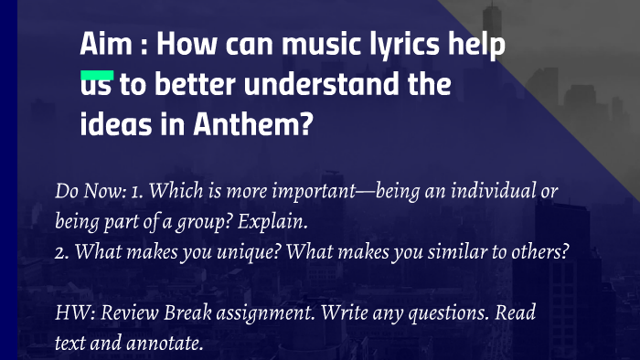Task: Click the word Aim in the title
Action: click(x=102, y=46)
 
